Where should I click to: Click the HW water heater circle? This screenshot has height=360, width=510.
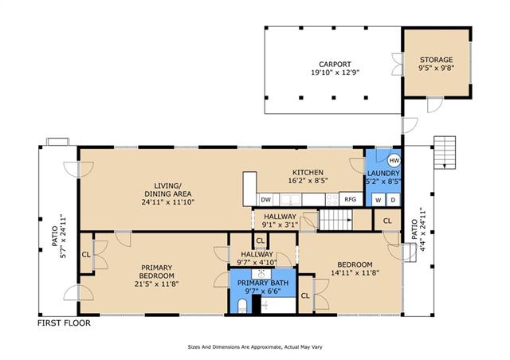coord(394,161)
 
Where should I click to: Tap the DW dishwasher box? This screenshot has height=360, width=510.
coord(265,200)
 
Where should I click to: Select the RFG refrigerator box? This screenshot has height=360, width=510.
coord(351,199)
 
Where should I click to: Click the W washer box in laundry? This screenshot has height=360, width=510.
coord(379,200)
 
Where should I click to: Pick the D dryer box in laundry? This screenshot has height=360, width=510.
coord(393,200)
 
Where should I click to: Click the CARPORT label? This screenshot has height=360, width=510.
coord(335,65)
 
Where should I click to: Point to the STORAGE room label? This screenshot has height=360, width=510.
coord(436,60)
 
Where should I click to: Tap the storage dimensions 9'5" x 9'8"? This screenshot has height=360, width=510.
coord(436,68)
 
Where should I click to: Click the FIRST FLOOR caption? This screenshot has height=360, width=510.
coord(64,323)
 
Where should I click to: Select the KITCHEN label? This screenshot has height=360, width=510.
coord(308,172)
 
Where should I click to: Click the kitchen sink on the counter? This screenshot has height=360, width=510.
coord(291,200)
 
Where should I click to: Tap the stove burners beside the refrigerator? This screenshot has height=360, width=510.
coord(332,200)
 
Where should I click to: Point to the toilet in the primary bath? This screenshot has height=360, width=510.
coord(242,306)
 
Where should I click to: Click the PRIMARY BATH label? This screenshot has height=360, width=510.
coord(263,283)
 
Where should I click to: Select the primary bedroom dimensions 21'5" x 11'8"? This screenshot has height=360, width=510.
coord(156,284)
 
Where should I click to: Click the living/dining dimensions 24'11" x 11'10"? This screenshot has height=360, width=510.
coord(168,202)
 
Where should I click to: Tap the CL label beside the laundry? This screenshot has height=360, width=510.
coord(387,221)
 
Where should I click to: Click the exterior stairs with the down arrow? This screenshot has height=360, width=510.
coord(445,152)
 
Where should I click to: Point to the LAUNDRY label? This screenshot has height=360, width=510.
coord(383,174)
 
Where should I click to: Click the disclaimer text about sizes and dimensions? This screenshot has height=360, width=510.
coord(255,347)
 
